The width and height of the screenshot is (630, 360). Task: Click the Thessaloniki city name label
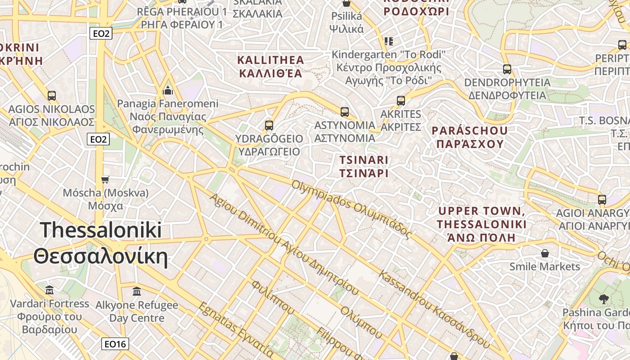tap(101, 243)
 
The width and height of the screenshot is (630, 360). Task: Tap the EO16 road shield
tap(115, 344)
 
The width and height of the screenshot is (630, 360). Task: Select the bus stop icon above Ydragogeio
tap(269, 126)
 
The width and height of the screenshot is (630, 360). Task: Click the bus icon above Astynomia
tap(345, 112)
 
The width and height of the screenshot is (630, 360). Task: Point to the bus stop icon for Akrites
tap(401, 101)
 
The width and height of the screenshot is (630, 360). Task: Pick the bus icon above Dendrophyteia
tap(507, 69)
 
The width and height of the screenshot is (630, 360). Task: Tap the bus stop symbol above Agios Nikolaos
tap(52, 96)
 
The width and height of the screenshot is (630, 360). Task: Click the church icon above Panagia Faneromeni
tap(168, 90)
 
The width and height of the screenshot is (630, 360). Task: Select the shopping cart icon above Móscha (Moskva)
tap(105, 180)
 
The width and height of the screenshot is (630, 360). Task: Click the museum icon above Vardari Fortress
tap(50, 289)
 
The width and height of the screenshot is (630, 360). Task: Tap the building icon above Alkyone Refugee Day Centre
tap(137, 292)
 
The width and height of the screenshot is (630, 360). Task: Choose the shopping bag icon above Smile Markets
tap(545, 253)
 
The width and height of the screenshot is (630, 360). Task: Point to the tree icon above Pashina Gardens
tap(604, 299)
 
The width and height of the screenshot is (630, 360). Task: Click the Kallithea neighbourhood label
tap(270, 67)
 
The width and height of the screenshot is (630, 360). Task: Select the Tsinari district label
tap(364, 166)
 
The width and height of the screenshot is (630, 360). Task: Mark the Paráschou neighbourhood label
tap(469, 137)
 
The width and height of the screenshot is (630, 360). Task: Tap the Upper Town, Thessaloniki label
tap(481, 224)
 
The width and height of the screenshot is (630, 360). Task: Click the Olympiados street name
tap(351, 210)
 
